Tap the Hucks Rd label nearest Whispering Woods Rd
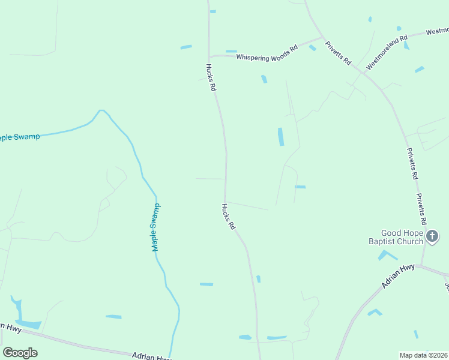(211, 77)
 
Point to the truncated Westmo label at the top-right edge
(438, 31)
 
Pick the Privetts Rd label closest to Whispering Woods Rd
(338, 53)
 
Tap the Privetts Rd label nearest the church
(424, 212)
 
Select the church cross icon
(432, 237)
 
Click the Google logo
(20, 353)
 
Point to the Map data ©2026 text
(424, 355)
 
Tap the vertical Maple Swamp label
(156, 227)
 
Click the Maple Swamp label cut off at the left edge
(20, 137)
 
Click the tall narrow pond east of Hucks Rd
(280, 136)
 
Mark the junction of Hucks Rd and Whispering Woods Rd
(209, 56)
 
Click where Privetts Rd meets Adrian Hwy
(422, 265)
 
